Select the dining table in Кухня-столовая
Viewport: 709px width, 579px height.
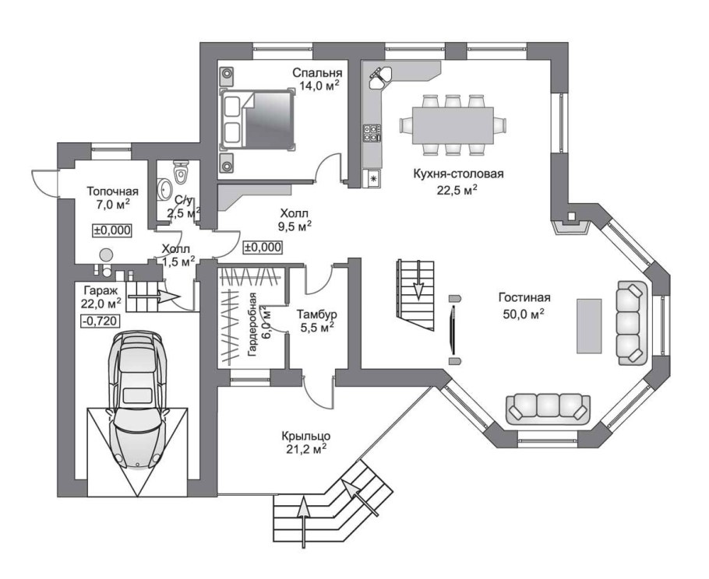tap(452, 125)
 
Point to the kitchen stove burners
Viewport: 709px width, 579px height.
tap(372, 133)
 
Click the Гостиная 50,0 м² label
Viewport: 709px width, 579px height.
tap(524, 306)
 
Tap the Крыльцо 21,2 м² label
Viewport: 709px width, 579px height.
tap(305, 443)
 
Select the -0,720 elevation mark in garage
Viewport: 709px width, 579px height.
tap(100, 321)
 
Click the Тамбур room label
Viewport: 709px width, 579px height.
tap(316, 314)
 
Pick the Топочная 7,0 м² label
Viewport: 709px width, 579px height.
tap(113, 198)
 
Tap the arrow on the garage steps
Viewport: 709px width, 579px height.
tap(154, 297)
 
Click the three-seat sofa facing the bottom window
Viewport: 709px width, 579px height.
tap(548, 409)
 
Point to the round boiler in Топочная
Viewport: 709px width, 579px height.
tap(106, 255)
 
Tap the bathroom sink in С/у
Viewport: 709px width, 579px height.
tap(164, 188)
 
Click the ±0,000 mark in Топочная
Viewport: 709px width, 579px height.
tap(112, 230)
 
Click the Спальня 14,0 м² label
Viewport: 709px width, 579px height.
tap(317, 79)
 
